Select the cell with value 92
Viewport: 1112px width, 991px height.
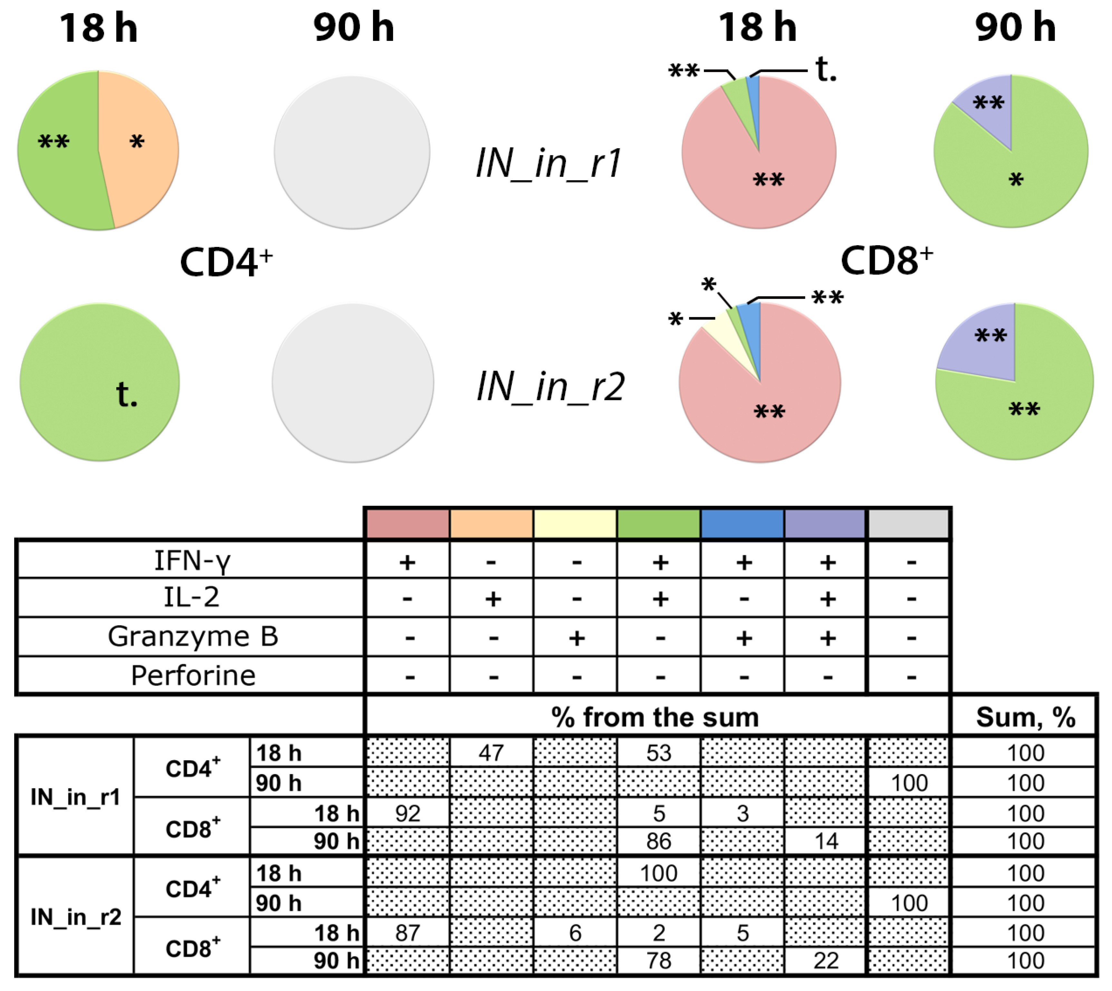coord(408,813)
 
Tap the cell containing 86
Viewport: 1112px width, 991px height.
coord(659,841)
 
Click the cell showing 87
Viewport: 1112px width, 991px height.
coord(408,933)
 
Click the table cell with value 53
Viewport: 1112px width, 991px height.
coord(659,753)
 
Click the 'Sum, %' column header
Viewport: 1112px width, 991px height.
coord(1025,717)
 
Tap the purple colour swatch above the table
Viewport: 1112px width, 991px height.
coord(825,524)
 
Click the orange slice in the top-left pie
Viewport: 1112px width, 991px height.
coord(141,147)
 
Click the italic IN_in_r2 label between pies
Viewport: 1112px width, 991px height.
coord(550,387)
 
